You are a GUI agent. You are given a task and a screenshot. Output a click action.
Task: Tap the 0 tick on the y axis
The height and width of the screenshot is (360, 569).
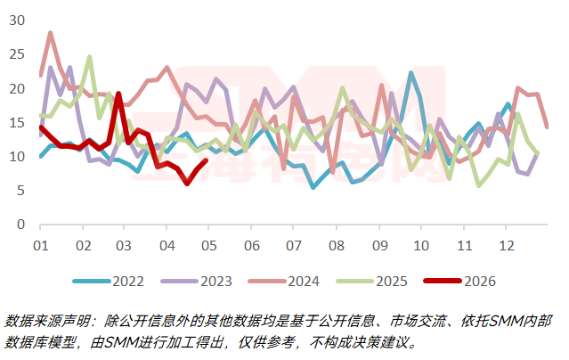coord(20,225)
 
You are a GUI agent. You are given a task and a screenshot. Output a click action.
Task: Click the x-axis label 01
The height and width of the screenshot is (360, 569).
coord(40,244)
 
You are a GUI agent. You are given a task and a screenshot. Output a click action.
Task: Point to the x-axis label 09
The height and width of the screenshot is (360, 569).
coord(379,244)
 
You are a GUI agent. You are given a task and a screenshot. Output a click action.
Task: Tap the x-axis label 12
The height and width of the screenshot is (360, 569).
coord(506,244)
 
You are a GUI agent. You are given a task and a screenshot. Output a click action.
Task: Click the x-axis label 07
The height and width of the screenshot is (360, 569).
coord(294,244)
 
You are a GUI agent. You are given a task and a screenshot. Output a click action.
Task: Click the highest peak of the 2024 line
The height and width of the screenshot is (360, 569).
coord(50,33)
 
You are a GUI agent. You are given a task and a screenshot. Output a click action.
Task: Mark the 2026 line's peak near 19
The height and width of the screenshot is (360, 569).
coord(118,94)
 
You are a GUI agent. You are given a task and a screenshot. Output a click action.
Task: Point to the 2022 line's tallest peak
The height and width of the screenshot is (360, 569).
coord(411,73)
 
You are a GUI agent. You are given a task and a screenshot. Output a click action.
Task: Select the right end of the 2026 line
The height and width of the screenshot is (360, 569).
coord(206,160)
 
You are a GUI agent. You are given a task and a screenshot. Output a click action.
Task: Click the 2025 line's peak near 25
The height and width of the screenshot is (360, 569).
coord(89,57)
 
